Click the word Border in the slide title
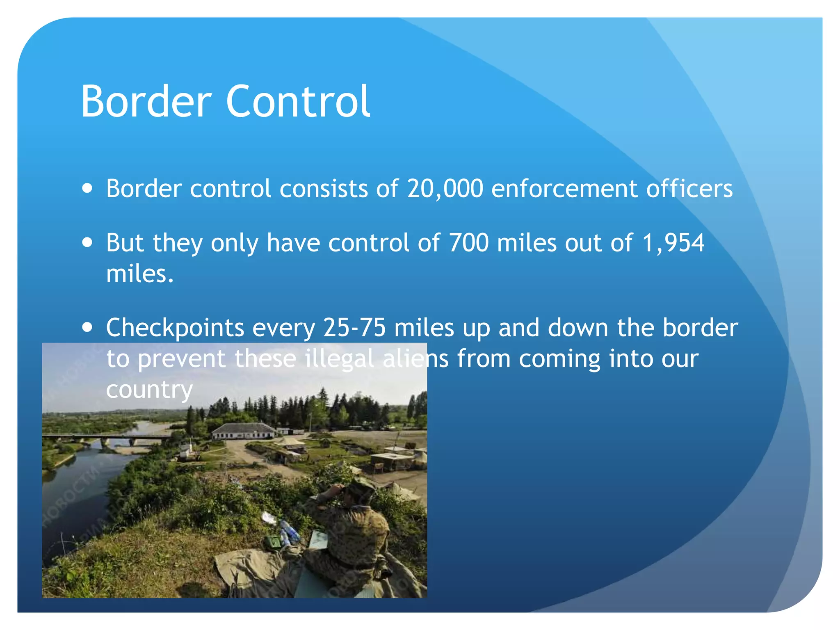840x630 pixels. pyautogui.click(x=146, y=101)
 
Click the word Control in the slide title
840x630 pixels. pyautogui.click(x=298, y=101)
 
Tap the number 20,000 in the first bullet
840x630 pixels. pyautogui.click(x=445, y=189)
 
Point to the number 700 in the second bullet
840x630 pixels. pyautogui.click(x=469, y=243)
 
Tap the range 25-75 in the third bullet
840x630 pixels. pyautogui.click(x=354, y=327)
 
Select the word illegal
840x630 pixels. pyautogui.click(x=339, y=359)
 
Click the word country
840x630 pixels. pyautogui.click(x=149, y=390)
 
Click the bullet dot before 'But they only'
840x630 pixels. pyautogui.click(x=87, y=242)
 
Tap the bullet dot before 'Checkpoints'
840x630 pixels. pyautogui.click(x=87, y=327)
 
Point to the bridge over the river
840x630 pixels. pyautogui.click(x=107, y=438)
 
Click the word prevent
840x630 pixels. pyautogui.click(x=181, y=359)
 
